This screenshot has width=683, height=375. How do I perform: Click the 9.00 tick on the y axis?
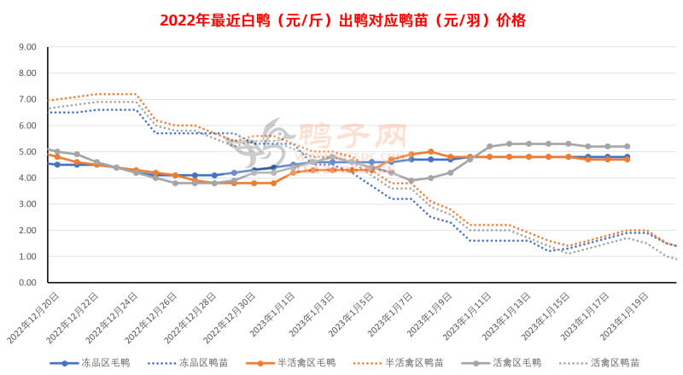click(26, 47)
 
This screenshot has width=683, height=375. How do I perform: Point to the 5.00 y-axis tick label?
click(26, 152)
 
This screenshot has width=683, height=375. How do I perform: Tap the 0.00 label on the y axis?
click(26, 283)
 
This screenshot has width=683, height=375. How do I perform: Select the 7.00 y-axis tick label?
click(26, 100)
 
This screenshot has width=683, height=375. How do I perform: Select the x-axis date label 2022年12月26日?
click(154, 315)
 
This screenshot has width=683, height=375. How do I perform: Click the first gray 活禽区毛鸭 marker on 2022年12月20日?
click(56, 151)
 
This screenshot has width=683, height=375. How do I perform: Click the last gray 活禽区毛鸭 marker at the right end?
click(627, 147)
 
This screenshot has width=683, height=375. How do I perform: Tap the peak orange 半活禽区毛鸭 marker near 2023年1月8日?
click(430, 151)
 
